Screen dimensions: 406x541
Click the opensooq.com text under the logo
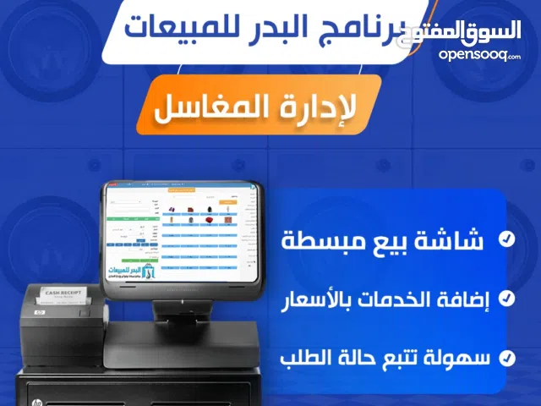tap(479, 54)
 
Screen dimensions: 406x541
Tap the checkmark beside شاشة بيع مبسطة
tap(505, 240)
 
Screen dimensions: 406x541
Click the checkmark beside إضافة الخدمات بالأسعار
tap(505, 298)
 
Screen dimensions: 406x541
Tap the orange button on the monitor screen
tap(229, 204)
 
